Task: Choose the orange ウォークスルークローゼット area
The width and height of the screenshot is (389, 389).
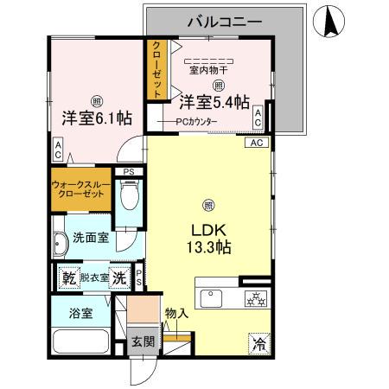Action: click(x=81, y=189)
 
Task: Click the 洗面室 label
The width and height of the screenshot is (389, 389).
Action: click(x=90, y=237)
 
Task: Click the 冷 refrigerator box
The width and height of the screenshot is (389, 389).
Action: click(x=258, y=342)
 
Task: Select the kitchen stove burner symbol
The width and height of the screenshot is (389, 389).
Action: click(x=256, y=299)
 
